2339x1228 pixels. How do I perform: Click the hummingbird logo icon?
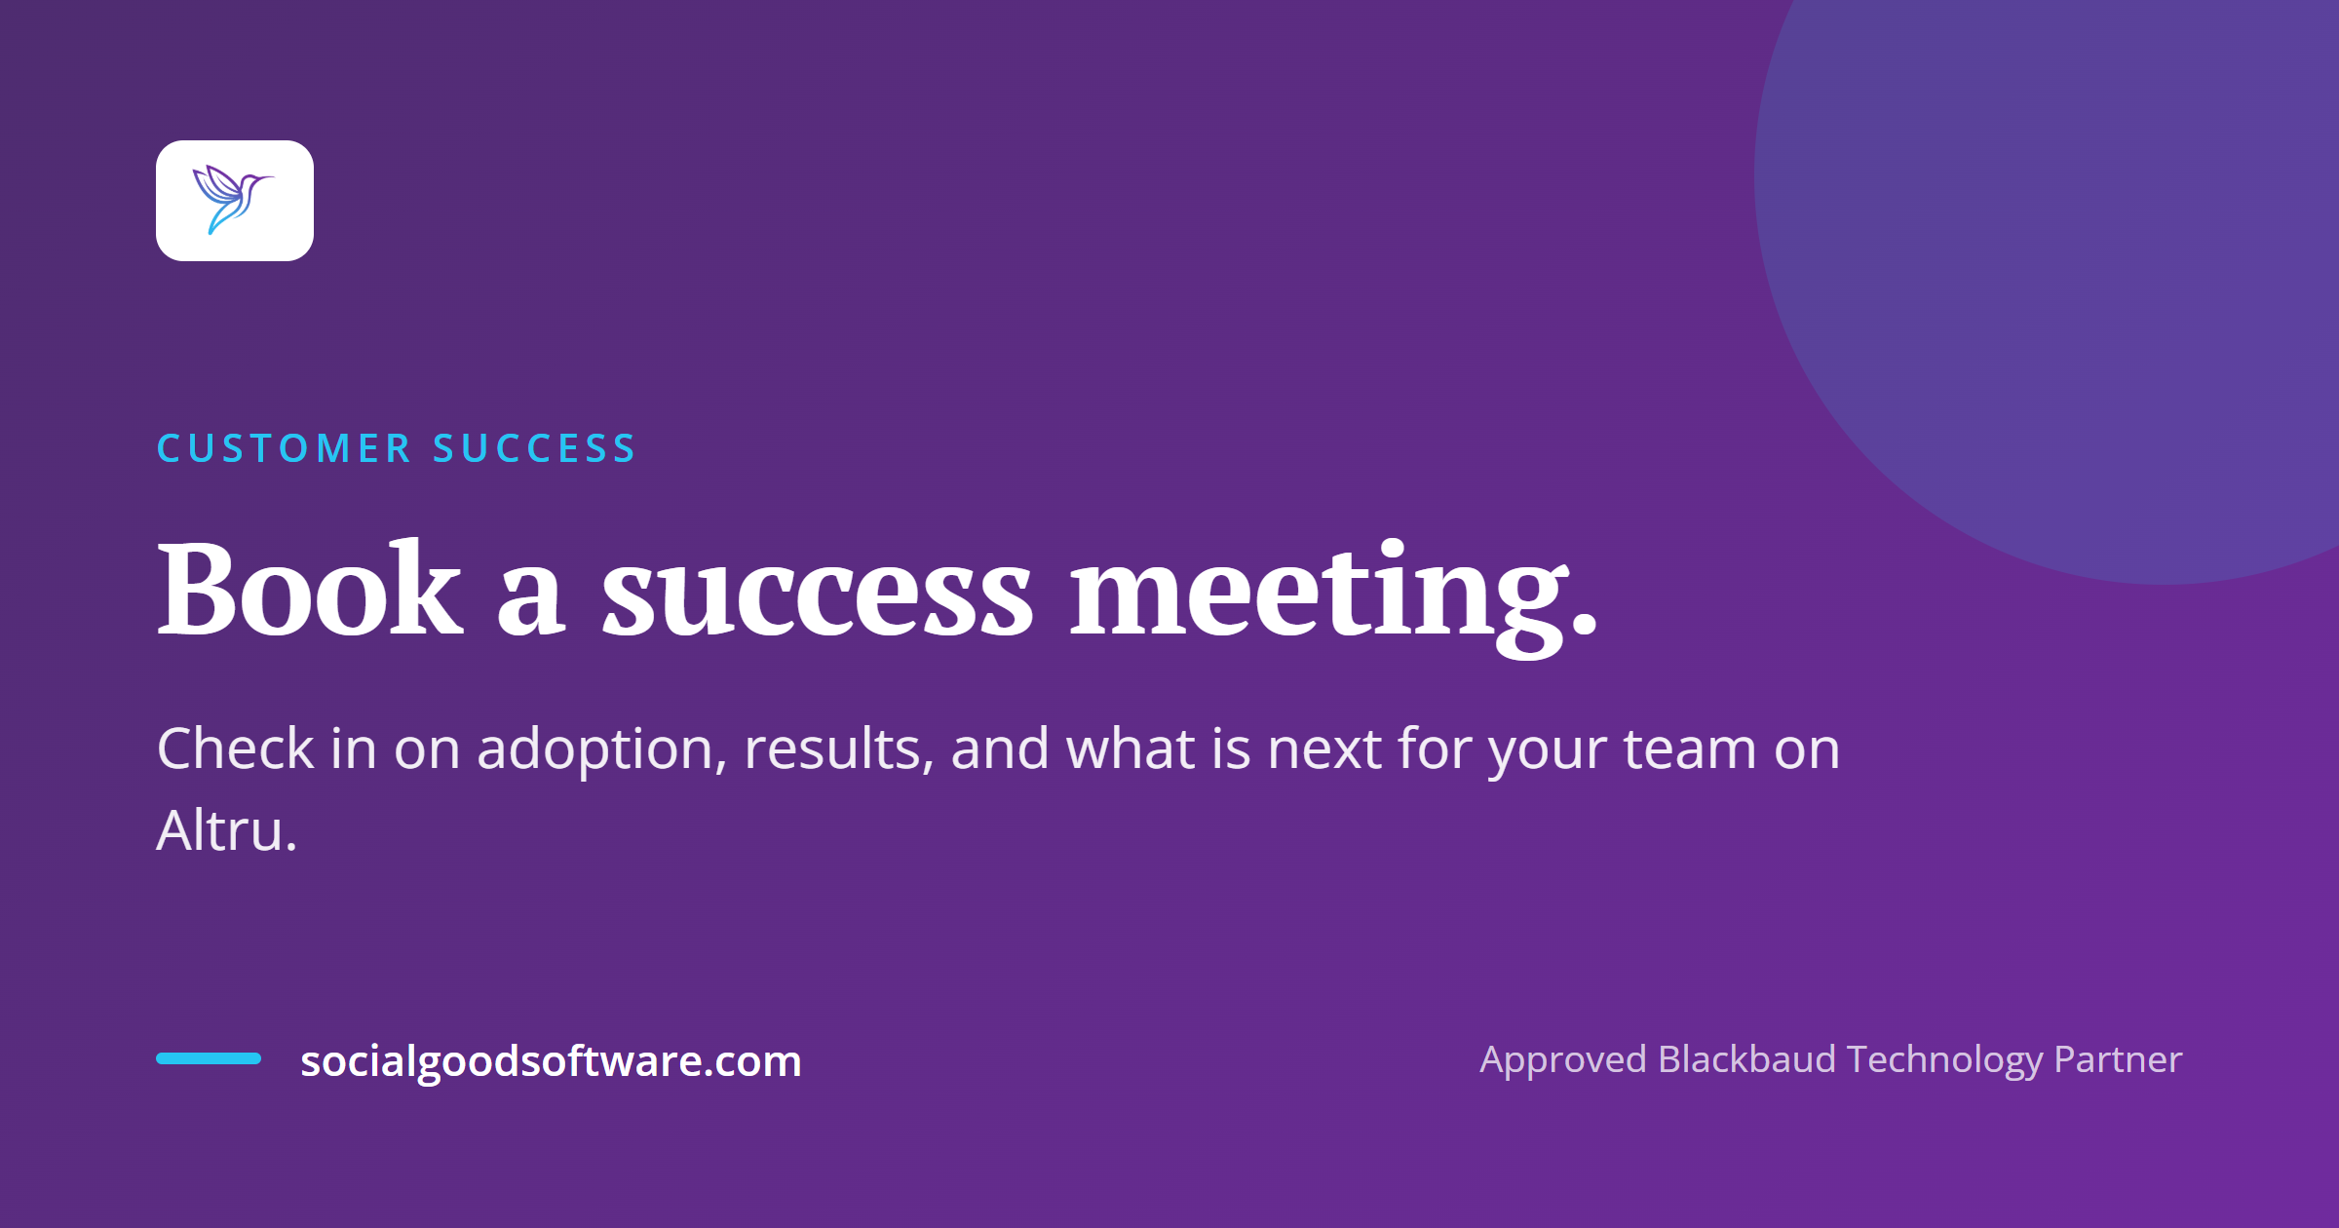click(x=234, y=200)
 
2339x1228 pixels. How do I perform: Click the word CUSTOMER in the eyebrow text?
click(x=285, y=448)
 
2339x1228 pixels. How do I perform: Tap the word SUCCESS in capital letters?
click(x=534, y=448)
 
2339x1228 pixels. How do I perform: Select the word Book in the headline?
click(x=309, y=589)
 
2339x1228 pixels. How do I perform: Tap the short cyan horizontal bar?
click(x=209, y=1058)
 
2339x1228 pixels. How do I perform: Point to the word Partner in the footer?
click(x=2118, y=1059)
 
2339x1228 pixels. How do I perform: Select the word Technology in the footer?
click(x=1944, y=1060)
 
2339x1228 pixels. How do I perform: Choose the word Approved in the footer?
click(x=1563, y=1060)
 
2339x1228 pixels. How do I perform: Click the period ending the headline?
click(x=1585, y=624)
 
